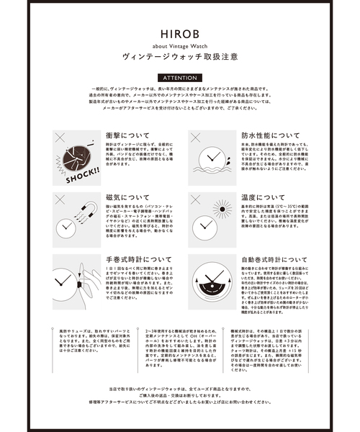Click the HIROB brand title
pos(180,33)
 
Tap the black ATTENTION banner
pos(180,78)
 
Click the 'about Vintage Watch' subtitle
pos(180,47)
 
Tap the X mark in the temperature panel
pos(194,197)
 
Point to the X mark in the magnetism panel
pos(57,197)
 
